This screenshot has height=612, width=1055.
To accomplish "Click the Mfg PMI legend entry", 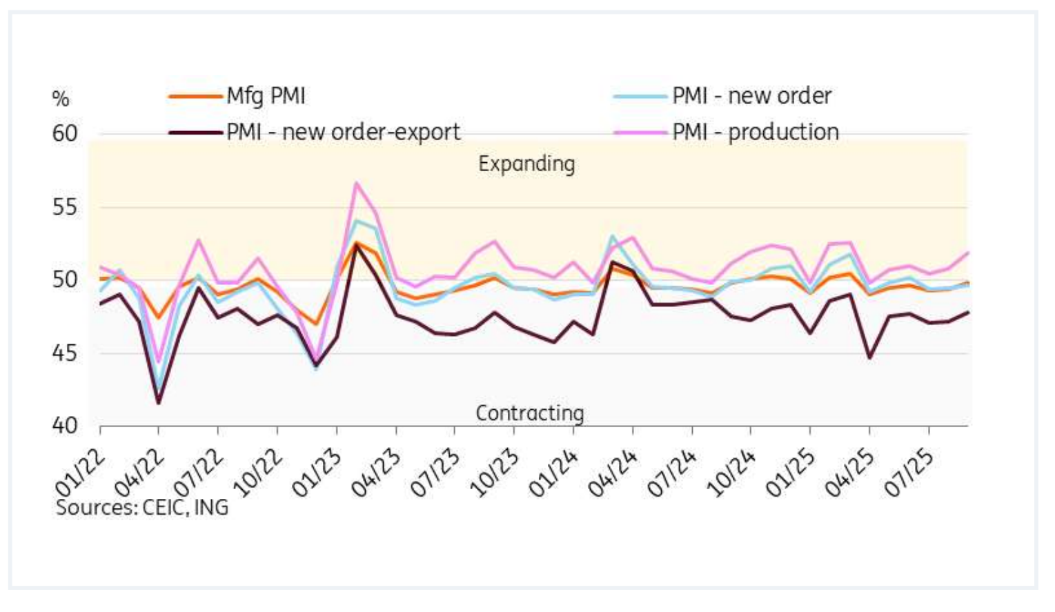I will coord(266,96).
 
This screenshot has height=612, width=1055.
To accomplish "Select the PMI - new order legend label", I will coord(751,96).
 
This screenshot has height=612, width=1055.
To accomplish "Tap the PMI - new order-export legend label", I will coord(343,132).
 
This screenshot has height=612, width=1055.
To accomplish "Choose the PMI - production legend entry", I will coord(756,132).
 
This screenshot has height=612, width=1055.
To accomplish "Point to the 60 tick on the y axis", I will coord(65,134).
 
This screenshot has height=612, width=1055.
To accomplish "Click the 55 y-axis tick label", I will coord(65,207).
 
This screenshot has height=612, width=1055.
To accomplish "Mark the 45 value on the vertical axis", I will coord(65,353).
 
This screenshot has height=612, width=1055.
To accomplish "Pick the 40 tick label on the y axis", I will coord(65,426).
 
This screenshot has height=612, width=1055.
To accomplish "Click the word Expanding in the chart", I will coord(526,164).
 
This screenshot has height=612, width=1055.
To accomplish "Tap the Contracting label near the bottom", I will coord(530,413).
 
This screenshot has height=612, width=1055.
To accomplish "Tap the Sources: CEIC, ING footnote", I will coord(142,508).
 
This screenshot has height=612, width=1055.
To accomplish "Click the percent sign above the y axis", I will coord(61,99).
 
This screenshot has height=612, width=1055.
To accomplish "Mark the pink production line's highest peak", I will coord(357,183).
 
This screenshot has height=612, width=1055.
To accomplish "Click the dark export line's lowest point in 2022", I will coord(159,403).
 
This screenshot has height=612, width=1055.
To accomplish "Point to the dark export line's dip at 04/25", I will coord(869,357).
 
